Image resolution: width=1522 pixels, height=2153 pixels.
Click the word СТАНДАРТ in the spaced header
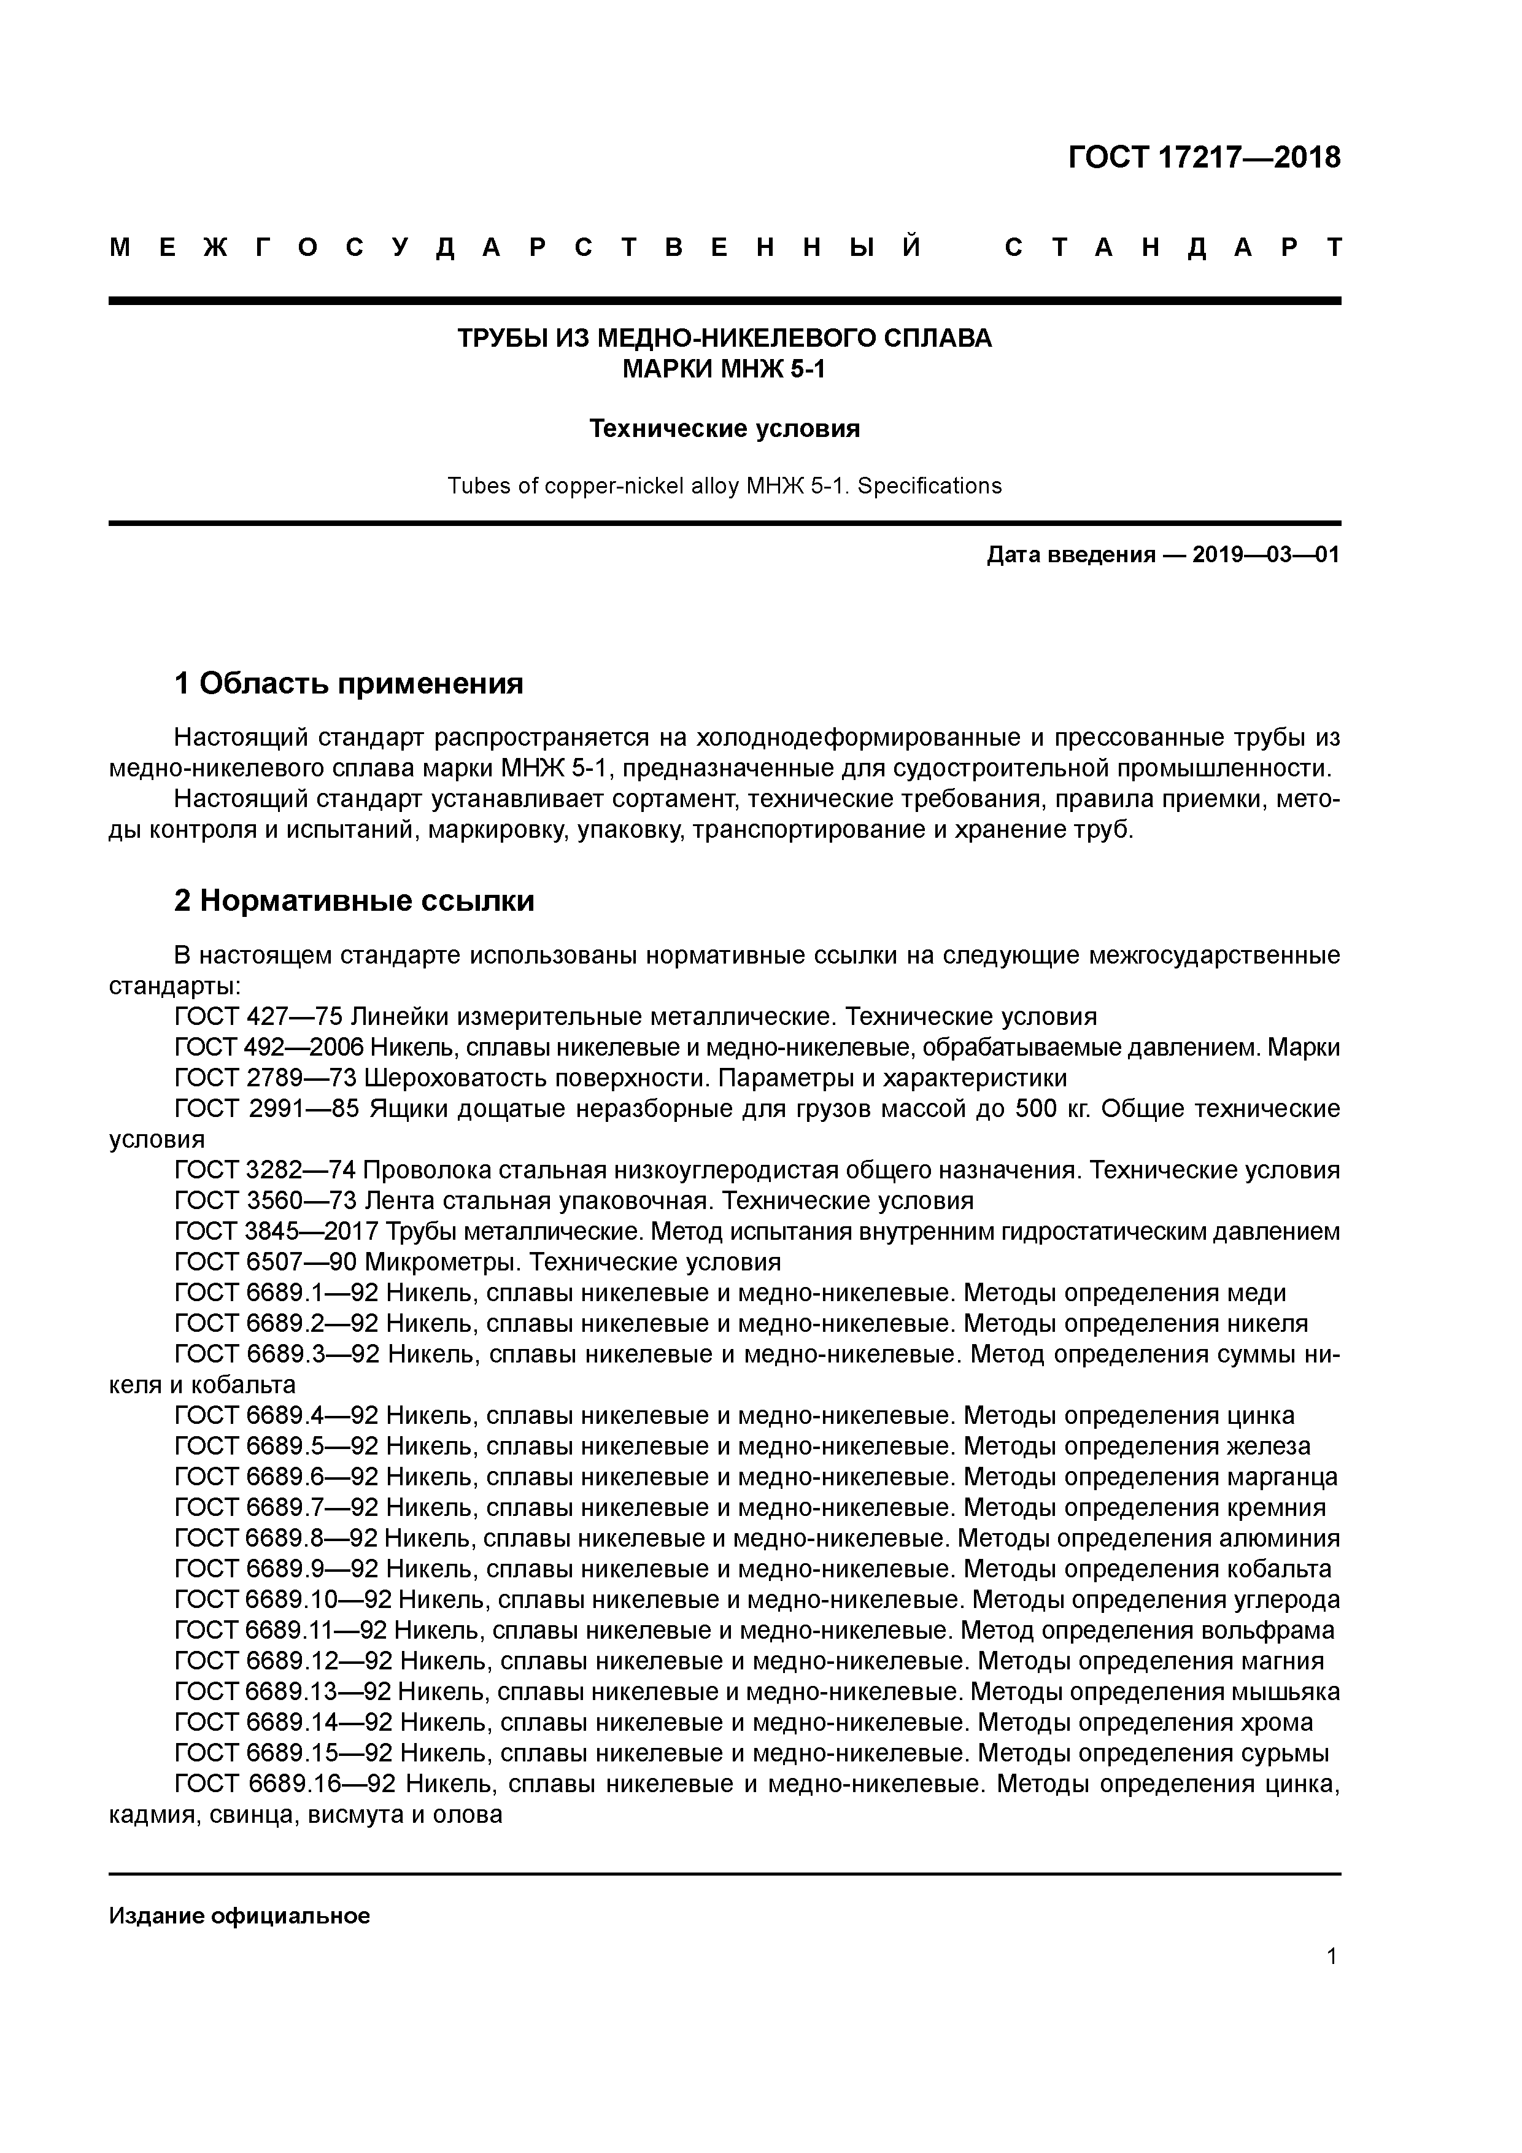(1172, 247)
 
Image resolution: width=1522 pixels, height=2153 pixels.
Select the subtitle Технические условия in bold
(724, 428)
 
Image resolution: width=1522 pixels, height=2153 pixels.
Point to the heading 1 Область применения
(349, 684)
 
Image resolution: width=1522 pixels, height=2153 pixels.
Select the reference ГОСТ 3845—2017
(267, 1231)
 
